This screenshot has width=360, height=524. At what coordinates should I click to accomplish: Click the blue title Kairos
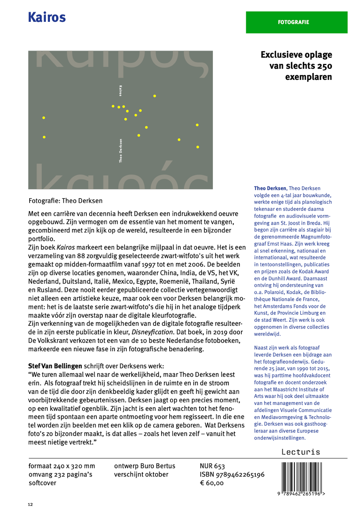tap(47, 18)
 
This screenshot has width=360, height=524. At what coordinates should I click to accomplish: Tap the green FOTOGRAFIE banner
tap(296, 22)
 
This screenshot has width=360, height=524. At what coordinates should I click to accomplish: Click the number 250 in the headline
tap(324, 66)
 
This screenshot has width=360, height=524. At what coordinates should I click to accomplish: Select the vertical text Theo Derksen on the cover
tap(121, 151)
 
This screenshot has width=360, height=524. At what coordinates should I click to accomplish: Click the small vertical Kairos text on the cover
tap(120, 91)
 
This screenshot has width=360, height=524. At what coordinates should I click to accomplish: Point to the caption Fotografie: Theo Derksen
tap(65, 201)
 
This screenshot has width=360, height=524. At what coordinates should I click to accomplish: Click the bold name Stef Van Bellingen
tap(55, 366)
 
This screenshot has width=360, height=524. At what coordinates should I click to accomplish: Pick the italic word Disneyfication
tap(152, 332)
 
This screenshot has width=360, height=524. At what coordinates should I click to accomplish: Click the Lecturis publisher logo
tap(300, 452)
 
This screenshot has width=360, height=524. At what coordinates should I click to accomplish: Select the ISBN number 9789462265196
tap(240, 475)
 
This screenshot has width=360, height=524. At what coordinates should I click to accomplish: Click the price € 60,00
tap(212, 483)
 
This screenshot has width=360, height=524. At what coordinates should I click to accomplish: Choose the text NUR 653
tap(212, 466)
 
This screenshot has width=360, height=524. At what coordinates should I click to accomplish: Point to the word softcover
tap(42, 483)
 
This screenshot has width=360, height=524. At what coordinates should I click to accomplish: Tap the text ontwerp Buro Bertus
tap(144, 466)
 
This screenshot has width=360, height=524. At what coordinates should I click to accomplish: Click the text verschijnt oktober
tap(141, 475)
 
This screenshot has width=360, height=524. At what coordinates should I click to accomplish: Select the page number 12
tap(30, 505)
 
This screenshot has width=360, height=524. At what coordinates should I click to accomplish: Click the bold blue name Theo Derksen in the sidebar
tap(270, 188)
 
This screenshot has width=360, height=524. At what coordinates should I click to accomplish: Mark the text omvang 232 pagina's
tap(60, 475)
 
